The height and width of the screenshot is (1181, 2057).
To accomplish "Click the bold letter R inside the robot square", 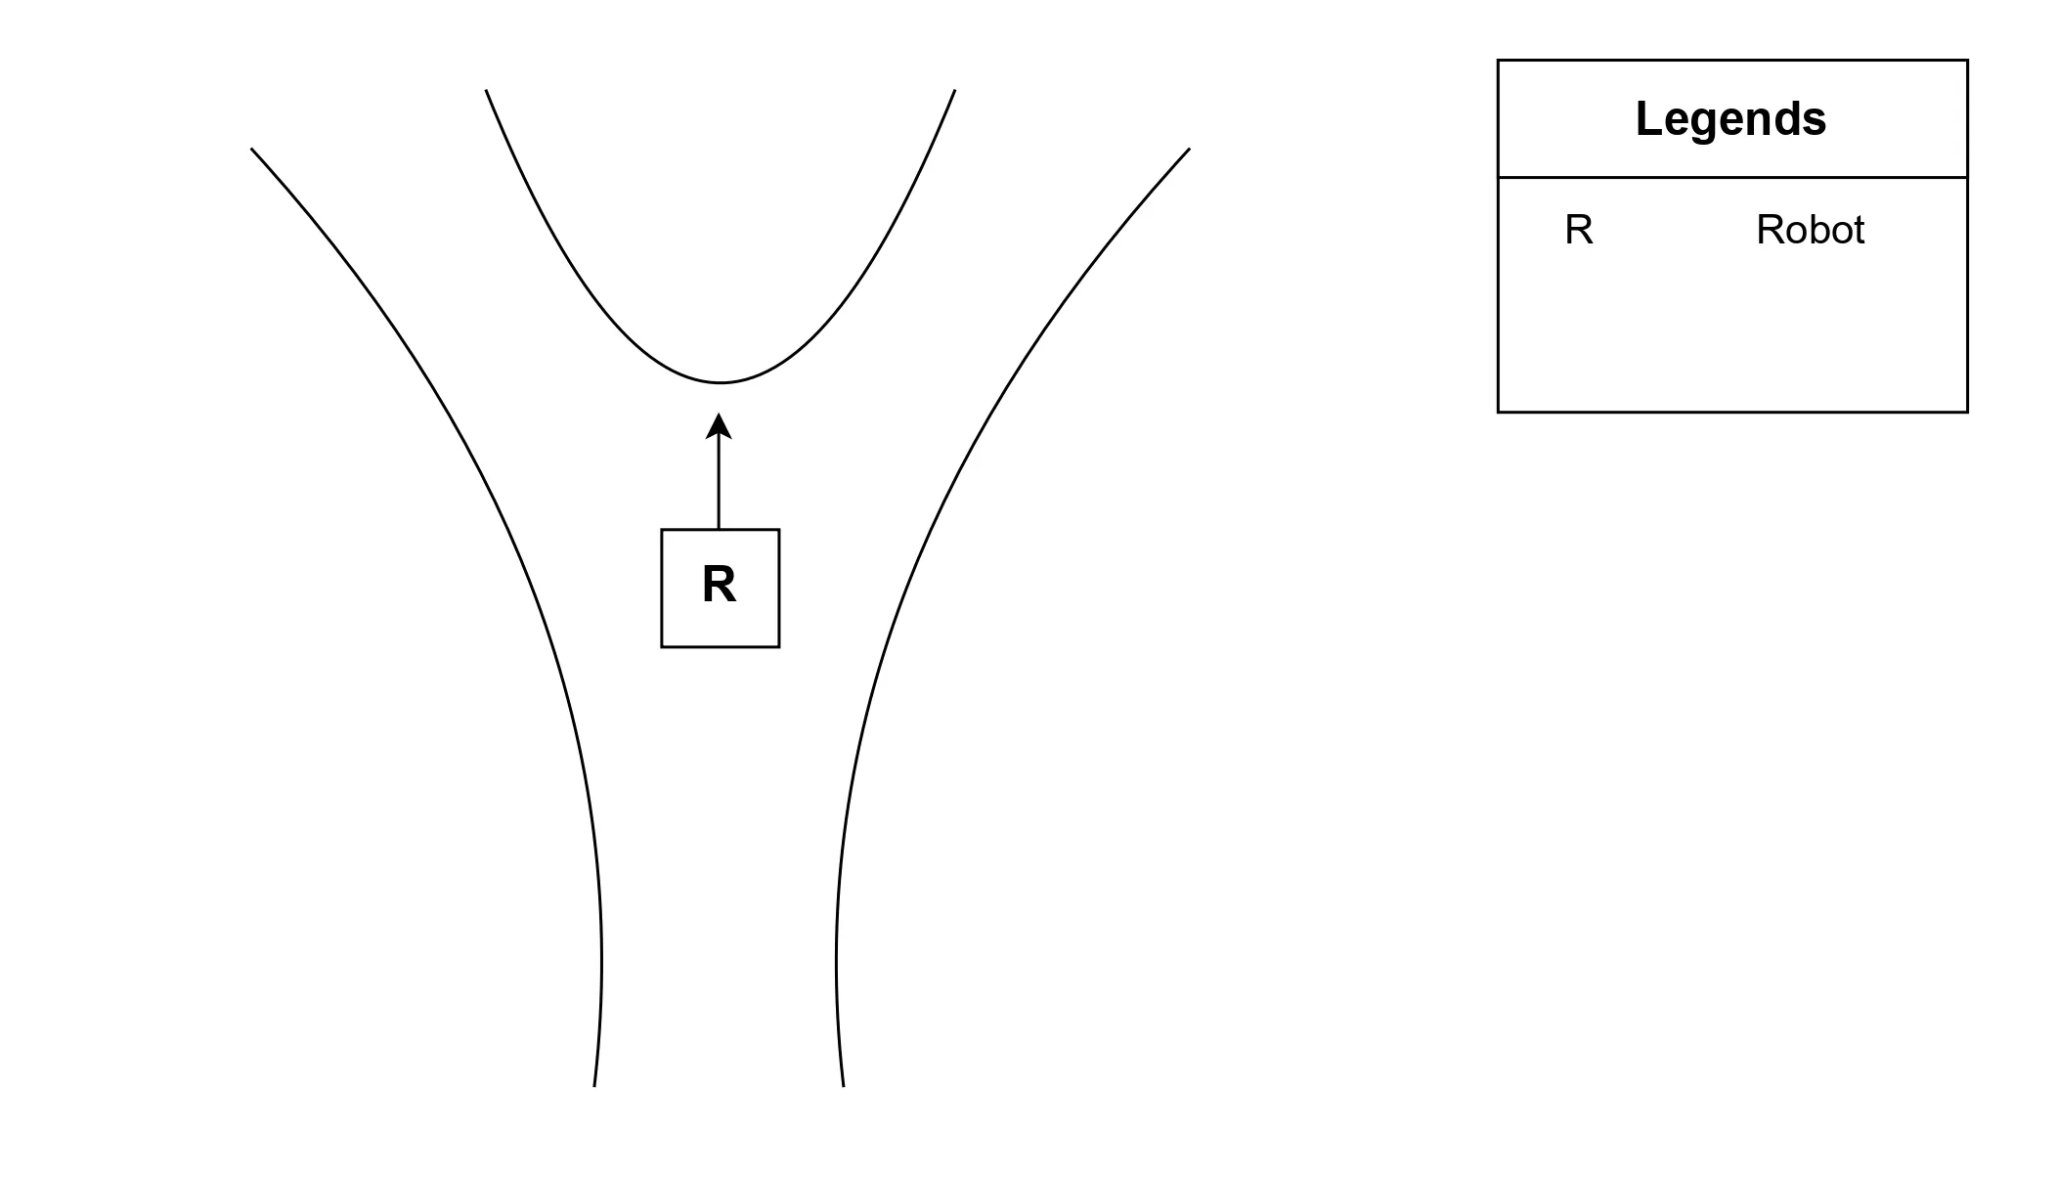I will [x=719, y=585].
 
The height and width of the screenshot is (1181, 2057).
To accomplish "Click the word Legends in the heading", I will [x=1730, y=119].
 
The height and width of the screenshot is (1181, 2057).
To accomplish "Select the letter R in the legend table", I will [x=1579, y=231].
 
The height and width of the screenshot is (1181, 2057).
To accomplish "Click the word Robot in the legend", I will [x=1810, y=231].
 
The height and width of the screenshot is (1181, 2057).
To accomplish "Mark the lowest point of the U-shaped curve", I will [x=720, y=381].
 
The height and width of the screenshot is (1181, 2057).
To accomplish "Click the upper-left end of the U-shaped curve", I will [x=486, y=90].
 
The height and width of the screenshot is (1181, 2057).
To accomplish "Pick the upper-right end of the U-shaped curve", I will [x=954, y=90].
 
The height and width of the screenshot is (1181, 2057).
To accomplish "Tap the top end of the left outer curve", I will [x=251, y=149].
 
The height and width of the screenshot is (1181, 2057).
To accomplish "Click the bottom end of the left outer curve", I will [x=594, y=1086].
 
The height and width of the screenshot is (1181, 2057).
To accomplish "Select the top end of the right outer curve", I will [x=1189, y=149].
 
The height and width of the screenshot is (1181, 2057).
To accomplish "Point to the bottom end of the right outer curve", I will [x=843, y=1086].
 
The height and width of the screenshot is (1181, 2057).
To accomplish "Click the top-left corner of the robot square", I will [x=662, y=530].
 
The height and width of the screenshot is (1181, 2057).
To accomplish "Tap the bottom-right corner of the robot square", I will [x=779, y=647].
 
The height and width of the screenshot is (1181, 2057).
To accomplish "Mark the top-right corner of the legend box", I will [x=1967, y=61].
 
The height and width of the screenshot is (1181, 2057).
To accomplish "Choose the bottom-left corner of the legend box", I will [x=1499, y=412].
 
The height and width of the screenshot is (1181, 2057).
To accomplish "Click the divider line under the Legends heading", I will [x=1732, y=178].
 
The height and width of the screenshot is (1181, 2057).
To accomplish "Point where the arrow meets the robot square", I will [x=719, y=530].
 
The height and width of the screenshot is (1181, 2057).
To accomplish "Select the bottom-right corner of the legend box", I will [x=1967, y=412].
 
